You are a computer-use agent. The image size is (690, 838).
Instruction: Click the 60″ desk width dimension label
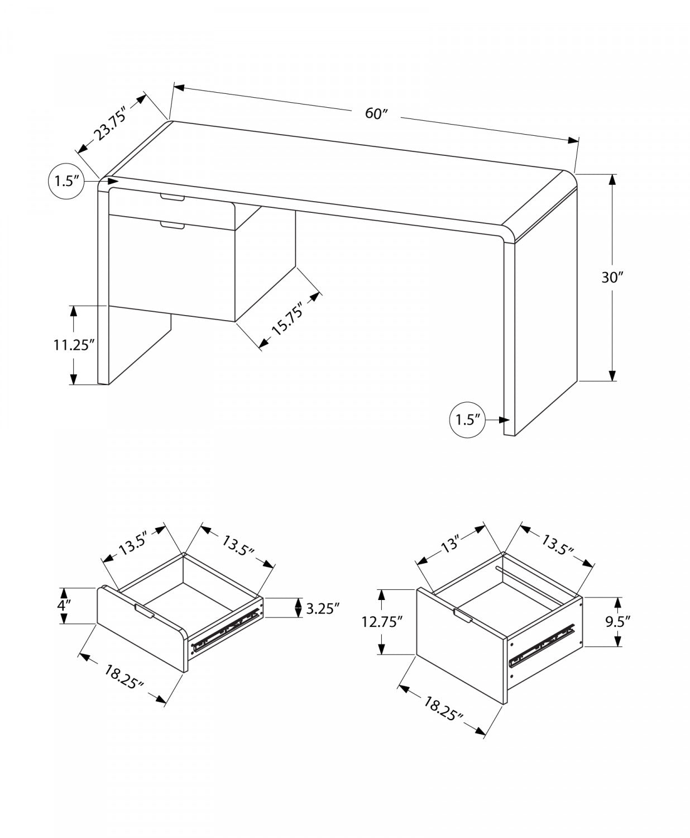tap(376, 113)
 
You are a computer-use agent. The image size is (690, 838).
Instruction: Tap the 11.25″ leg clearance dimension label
tap(72, 345)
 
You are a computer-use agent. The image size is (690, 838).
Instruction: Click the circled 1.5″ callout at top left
tap(66, 182)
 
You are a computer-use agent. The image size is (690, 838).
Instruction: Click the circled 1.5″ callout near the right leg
tap(468, 420)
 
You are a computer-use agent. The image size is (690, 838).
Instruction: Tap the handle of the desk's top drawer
tap(172, 198)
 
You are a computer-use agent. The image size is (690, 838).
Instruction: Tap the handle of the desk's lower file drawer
tap(172, 225)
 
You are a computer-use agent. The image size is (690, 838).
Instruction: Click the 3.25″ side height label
tap(323, 608)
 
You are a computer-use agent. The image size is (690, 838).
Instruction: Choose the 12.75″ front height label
tap(382, 622)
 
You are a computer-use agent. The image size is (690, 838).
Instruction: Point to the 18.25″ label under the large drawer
tap(443, 707)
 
